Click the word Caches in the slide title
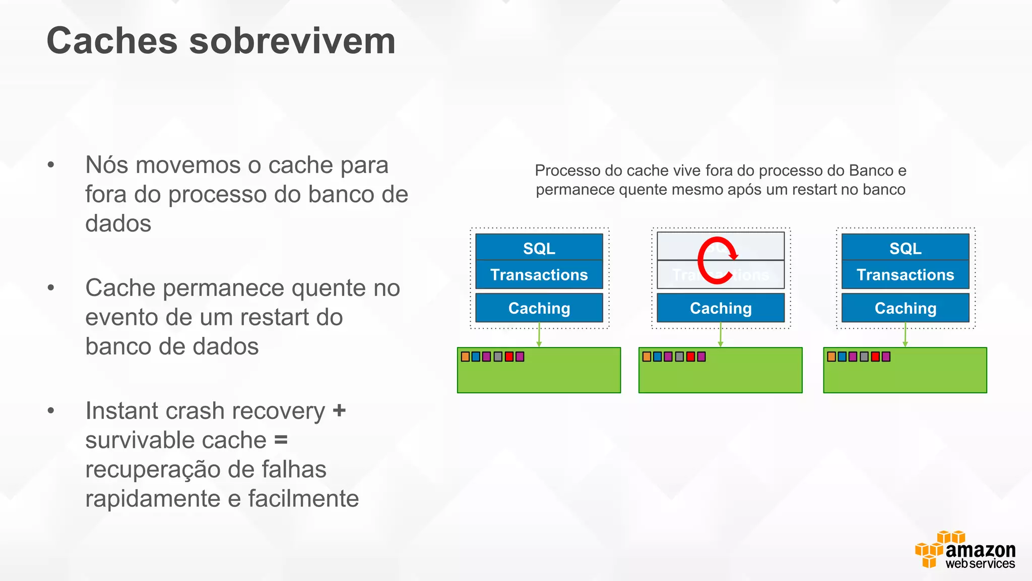coord(112,41)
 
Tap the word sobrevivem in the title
coord(292,41)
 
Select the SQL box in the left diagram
coord(539,248)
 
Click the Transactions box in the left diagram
coord(539,275)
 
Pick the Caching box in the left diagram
coord(539,308)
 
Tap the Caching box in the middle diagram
coord(721,308)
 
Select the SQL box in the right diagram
coord(905,248)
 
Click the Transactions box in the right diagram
coord(905,275)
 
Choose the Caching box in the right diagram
coord(905,308)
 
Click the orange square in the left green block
coord(466,357)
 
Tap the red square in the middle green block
coord(690,357)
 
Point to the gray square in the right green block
coord(864,357)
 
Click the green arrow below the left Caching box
coord(539,335)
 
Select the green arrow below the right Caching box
coord(905,335)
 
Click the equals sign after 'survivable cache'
coord(281,440)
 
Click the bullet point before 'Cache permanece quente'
coord(51,288)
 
